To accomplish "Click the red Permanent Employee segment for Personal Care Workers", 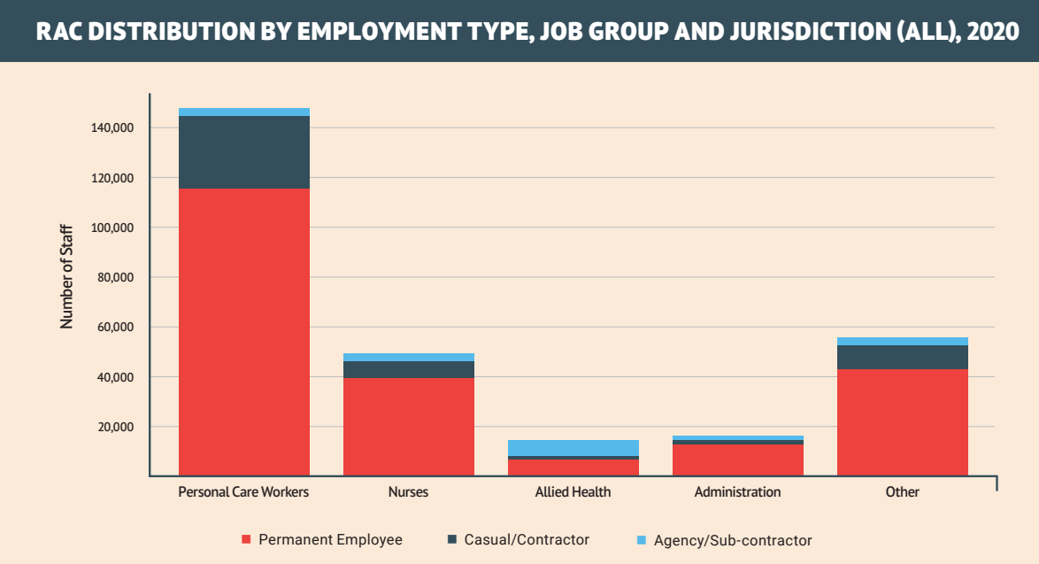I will point(244,332).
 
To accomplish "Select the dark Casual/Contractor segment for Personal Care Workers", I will point(244,152).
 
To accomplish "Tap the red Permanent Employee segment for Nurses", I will point(409,427).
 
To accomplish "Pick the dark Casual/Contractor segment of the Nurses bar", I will point(409,369).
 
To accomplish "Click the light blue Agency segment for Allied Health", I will point(573,447).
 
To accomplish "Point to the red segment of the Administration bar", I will point(738,460).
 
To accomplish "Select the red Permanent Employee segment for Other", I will point(903,422).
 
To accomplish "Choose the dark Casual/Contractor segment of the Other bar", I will point(903,357).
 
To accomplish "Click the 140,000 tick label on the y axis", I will point(112,128).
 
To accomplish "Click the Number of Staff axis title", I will point(67,278).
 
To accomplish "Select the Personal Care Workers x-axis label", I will point(244,492).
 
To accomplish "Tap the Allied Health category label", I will point(573,492).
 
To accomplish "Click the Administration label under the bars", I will point(738,492).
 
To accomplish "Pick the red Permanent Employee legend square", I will point(247,539).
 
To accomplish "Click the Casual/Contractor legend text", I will point(527,539).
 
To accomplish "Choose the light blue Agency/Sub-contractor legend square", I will point(642,539).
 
